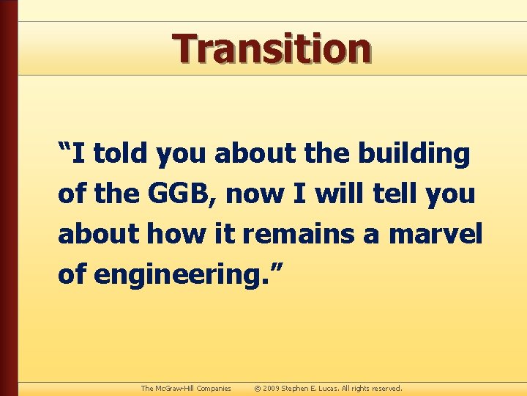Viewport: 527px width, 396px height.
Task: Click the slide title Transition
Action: tap(272, 48)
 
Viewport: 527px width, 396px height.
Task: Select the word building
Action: tap(414, 154)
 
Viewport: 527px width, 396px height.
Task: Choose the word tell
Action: tap(391, 194)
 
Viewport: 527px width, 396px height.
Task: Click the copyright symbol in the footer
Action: tap(257, 388)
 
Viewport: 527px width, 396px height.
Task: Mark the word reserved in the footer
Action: tap(386, 388)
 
